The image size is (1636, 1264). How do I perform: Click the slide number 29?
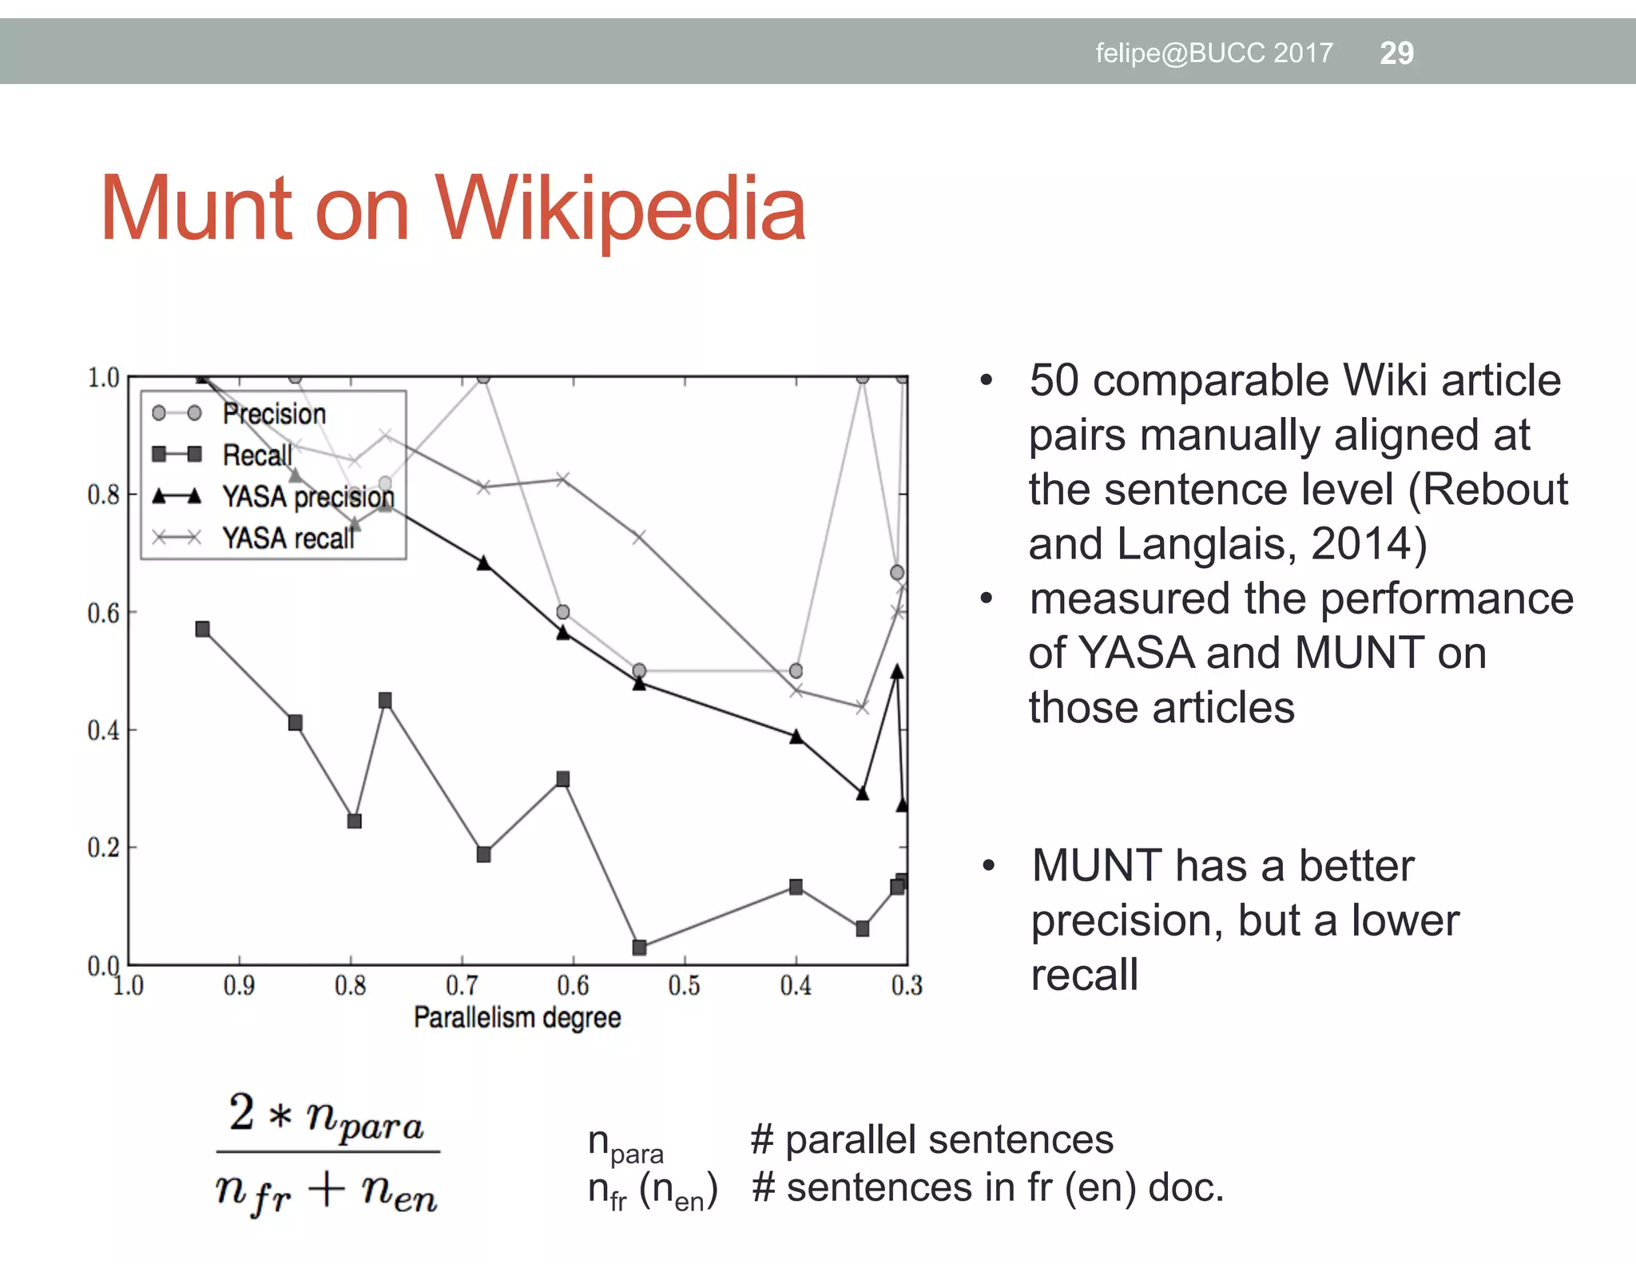coord(1396,53)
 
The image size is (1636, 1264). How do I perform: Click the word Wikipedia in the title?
coord(621,209)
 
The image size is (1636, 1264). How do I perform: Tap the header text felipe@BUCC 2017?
coord(1213,53)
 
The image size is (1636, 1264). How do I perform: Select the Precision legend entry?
coord(273,414)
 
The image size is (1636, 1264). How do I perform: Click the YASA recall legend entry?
coord(288,538)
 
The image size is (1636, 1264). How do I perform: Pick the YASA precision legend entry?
coord(308,496)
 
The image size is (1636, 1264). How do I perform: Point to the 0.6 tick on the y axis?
coord(103,613)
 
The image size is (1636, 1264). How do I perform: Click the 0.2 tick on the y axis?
coord(103,848)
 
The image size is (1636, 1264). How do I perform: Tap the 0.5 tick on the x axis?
coord(684,986)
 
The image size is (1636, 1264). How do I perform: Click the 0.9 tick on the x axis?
coord(239,986)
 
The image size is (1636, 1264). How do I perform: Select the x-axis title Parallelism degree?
coord(517,1018)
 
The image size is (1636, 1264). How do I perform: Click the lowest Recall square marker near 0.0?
coord(639,948)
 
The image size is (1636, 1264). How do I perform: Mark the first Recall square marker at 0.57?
coord(203,630)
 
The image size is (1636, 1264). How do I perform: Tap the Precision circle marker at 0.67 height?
coord(897,572)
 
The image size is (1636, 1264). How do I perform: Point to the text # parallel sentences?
coord(931,1139)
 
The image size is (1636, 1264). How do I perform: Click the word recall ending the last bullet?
coord(1084,975)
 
